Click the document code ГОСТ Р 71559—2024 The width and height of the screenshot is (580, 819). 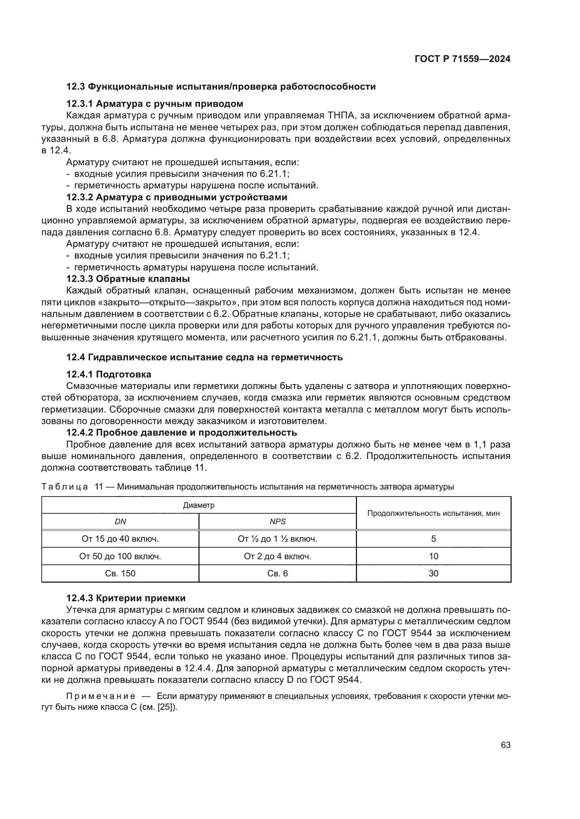(x=463, y=59)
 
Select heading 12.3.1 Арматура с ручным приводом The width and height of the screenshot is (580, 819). (x=155, y=104)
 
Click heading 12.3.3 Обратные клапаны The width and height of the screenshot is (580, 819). (x=128, y=279)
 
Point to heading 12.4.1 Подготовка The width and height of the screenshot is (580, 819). (x=109, y=375)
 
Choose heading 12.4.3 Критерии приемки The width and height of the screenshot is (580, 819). (x=126, y=598)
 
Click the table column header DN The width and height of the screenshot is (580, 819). (x=120, y=521)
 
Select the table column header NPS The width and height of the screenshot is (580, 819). (x=277, y=521)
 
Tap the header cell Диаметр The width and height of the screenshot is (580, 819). (x=198, y=505)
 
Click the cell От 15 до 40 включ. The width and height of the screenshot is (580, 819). (x=120, y=539)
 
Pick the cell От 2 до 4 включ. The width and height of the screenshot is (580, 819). (x=277, y=556)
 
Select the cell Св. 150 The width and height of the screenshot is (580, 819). (x=120, y=573)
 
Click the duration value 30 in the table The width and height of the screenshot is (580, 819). (x=433, y=573)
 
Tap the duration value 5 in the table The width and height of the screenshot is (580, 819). (x=433, y=539)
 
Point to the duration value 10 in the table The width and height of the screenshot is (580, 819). (x=433, y=556)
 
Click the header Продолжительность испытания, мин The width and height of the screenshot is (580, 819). (x=433, y=513)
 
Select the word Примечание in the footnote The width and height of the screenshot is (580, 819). (x=101, y=696)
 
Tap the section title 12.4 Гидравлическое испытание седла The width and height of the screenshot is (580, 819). (x=204, y=357)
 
